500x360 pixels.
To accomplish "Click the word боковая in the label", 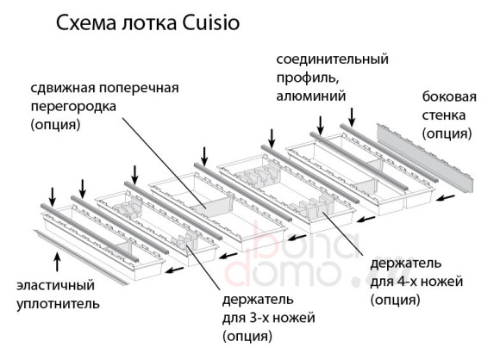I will (446, 96).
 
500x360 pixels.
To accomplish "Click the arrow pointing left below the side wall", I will (446, 197).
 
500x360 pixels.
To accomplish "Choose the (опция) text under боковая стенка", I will (446, 133).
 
